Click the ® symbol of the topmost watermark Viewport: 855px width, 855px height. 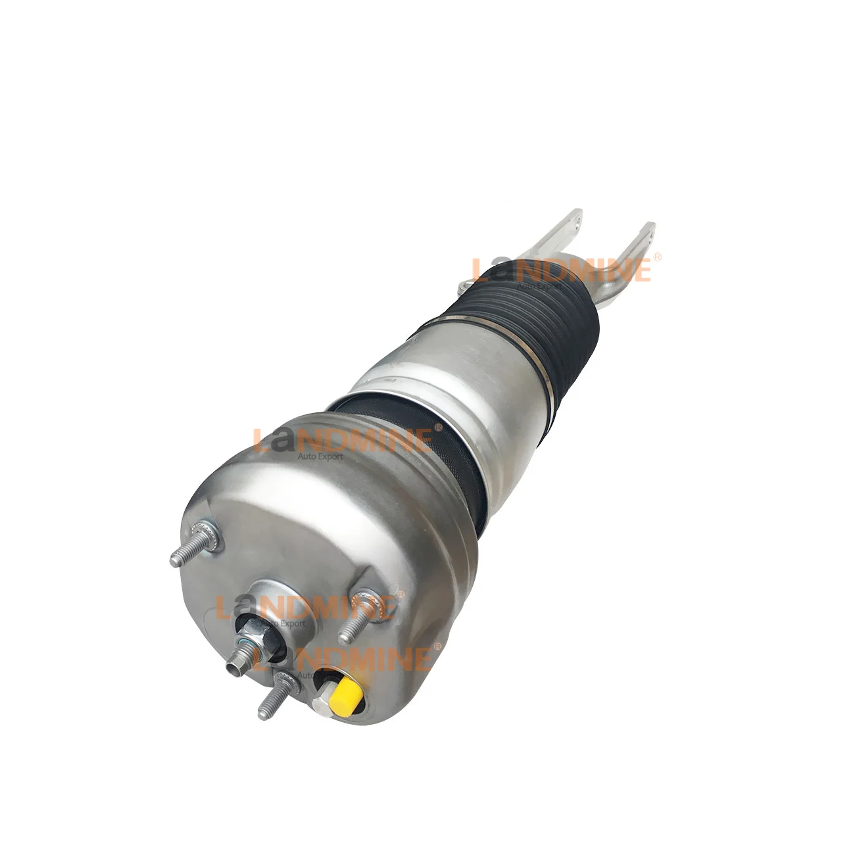coord(656,259)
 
